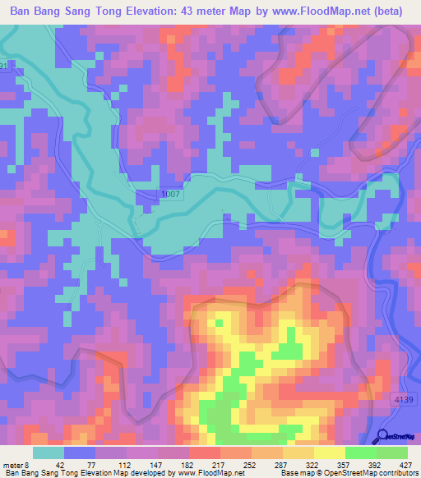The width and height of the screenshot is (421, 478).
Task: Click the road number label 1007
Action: (x=169, y=195)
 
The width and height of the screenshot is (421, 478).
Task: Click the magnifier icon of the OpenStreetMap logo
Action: (x=383, y=436)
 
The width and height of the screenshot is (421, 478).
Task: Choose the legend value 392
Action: (x=372, y=464)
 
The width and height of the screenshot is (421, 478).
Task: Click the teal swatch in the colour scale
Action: (x=49, y=453)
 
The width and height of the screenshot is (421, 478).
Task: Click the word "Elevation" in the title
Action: (x=164, y=11)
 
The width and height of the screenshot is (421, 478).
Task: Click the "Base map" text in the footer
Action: (x=296, y=473)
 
